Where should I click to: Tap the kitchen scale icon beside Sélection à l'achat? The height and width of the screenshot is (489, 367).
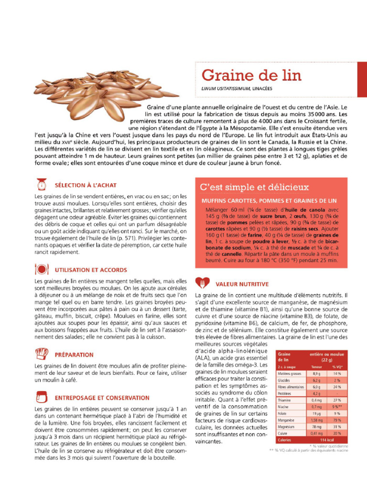coord(42,184)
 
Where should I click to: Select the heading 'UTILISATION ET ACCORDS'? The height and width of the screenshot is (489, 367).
coord(91,270)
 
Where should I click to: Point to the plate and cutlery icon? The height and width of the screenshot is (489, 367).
coord(42,269)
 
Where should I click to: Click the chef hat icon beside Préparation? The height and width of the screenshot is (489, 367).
coord(42,354)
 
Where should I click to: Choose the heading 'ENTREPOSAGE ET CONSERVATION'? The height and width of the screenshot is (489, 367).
coord(102,397)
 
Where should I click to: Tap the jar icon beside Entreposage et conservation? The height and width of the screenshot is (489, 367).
coord(42,397)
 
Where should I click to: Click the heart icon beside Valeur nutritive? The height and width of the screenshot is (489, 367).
coord(203,283)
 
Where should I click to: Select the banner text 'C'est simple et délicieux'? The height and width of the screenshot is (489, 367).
coord(254,187)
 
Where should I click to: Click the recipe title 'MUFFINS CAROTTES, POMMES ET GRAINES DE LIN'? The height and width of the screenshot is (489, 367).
coord(270,201)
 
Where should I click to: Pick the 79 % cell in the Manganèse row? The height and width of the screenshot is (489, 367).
coord(337,420)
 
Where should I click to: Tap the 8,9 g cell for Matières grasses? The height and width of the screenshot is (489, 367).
coord(316,373)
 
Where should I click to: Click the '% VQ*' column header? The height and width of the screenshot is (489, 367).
coord(337,367)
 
